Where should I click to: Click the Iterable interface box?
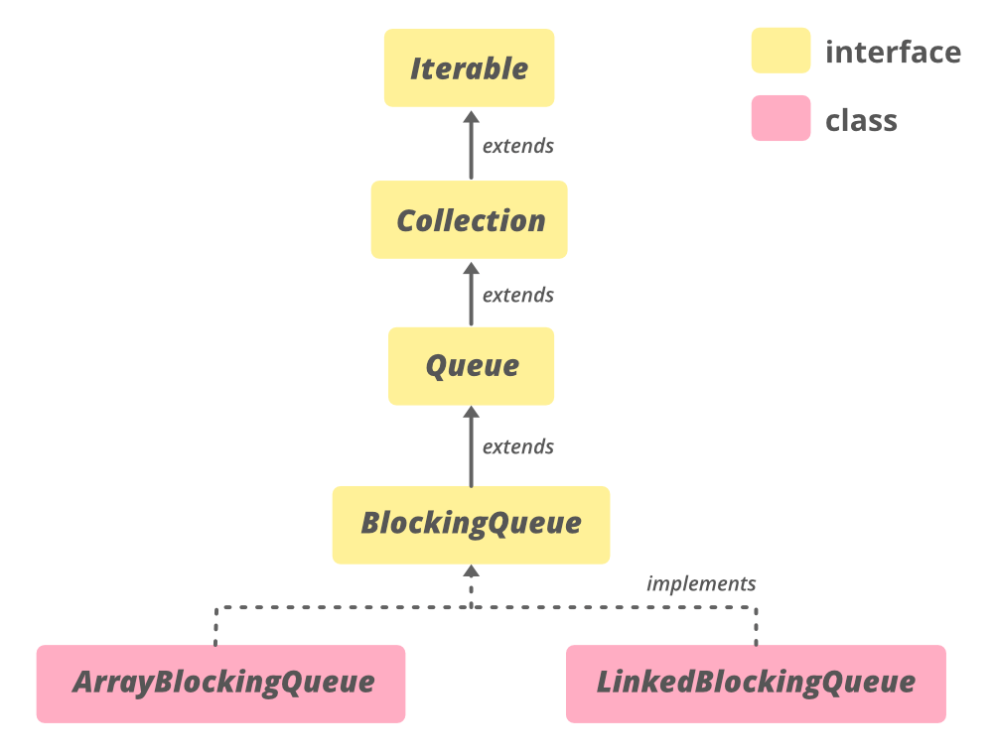coord(469,68)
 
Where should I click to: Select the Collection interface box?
coord(470,220)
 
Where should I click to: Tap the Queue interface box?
coord(471,366)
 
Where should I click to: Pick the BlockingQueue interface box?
coord(471,524)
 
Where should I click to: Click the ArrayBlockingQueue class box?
coord(221,684)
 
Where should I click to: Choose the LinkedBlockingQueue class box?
coord(756,684)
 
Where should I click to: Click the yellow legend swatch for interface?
coord(780,51)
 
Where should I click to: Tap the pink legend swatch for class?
coord(780,119)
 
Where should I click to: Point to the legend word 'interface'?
coord(893,52)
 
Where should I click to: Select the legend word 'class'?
coord(861,121)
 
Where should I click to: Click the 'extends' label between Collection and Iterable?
coord(517,146)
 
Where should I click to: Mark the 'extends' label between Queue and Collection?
coord(517,296)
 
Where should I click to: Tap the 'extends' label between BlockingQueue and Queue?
coord(517,446)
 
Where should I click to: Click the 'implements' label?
coord(701,583)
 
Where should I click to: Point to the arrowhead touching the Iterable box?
coord(471,115)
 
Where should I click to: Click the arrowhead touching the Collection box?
coord(471,266)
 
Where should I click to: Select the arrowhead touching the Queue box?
coord(471,413)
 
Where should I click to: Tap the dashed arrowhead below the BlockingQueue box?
coord(471,572)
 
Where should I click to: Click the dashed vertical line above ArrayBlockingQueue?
coord(215,627)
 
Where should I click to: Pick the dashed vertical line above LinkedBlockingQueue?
coord(756,627)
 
